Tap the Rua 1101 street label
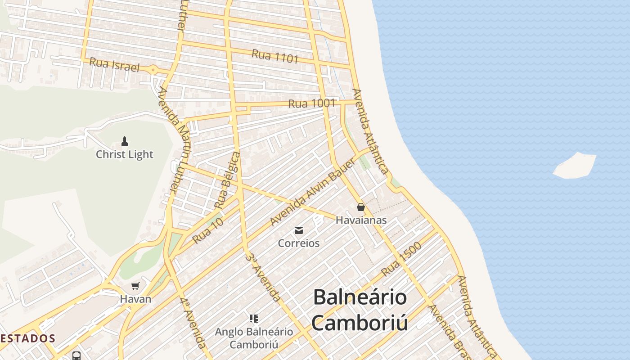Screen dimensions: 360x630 [275, 56]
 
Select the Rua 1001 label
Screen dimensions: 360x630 [311, 103]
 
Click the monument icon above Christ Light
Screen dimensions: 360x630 [125, 141]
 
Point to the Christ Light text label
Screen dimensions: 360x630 [125, 154]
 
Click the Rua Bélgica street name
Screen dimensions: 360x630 [228, 180]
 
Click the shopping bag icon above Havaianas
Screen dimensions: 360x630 [360, 207]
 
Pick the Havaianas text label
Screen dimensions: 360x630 [361, 220]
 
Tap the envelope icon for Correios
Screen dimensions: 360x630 [299, 231]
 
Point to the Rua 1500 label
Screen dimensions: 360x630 [401, 259]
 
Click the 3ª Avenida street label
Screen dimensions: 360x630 [264, 277]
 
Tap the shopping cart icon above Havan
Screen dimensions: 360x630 [135, 286]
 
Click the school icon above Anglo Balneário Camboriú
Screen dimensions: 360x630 [254, 319]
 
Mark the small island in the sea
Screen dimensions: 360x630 [575, 166]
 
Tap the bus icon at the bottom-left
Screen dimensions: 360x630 [76, 355]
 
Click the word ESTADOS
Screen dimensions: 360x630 [28, 338]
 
